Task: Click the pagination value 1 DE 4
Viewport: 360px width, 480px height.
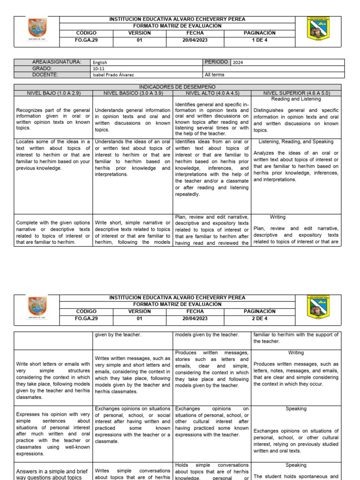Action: coord(259,40)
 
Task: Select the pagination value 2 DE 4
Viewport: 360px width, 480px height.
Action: coord(259,318)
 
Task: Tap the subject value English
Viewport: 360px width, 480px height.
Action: coord(100,62)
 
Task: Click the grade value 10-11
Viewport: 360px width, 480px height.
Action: coord(99,68)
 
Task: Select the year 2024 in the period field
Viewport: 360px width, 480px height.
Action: coord(238,62)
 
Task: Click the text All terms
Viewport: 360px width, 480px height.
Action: coord(215,75)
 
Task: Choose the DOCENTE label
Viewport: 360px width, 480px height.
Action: coord(45,74)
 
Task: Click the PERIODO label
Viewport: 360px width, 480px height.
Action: coord(217,62)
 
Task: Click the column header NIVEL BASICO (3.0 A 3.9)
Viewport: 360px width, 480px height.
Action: coord(132,93)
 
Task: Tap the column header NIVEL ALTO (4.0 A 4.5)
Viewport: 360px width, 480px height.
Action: coord(212,93)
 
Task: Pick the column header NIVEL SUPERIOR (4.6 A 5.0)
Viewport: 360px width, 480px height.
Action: coord(296,93)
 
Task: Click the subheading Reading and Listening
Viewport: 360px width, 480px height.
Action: coord(296,99)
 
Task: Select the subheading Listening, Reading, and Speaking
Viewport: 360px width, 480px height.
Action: coord(296,142)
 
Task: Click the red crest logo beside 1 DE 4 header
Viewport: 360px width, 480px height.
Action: coord(37,29)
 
